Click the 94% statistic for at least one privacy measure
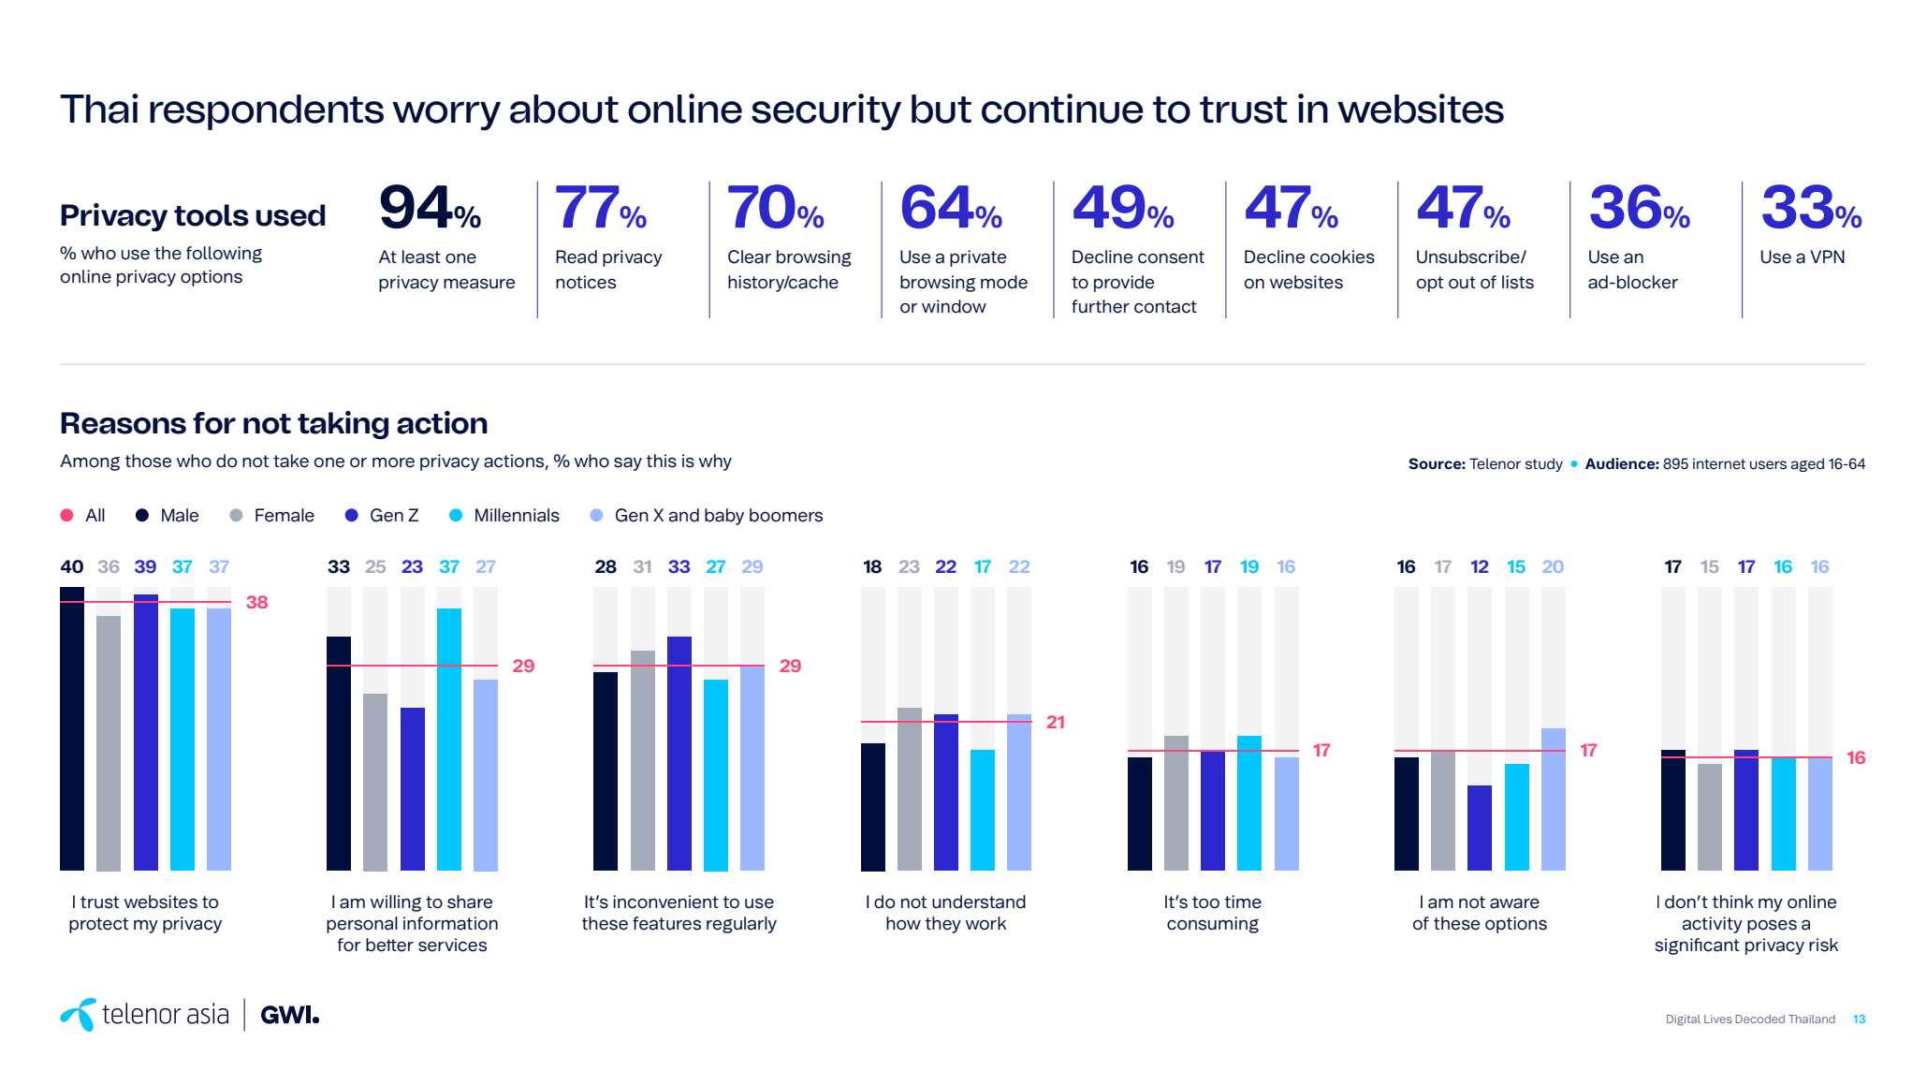tap(429, 209)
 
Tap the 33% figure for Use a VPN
tap(1810, 209)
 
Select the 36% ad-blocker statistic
tap(1638, 209)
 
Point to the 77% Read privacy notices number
tap(600, 209)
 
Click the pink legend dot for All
tap(67, 516)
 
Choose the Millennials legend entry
tap(505, 516)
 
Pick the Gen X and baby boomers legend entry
tap(708, 516)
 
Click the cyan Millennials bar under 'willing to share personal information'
tap(449, 740)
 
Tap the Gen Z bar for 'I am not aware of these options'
tap(1480, 828)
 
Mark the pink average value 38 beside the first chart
tap(257, 603)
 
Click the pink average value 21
tap(1056, 722)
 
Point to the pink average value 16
tap(1857, 758)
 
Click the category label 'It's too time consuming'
tap(1213, 913)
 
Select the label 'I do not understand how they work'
tap(946, 913)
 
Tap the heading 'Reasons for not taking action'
tap(273, 424)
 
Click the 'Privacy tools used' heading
tap(193, 216)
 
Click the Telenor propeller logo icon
tap(80, 1015)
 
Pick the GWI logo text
tap(289, 1016)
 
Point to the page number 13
tap(1860, 1019)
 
